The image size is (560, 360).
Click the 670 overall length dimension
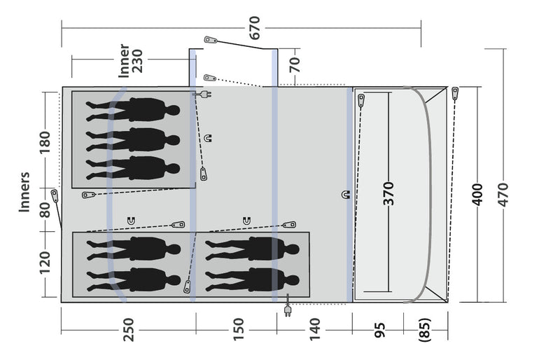[255, 28]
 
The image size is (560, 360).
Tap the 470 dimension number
[503, 195]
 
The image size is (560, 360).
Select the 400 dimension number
[477, 195]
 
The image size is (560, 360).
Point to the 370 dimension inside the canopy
[388, 193]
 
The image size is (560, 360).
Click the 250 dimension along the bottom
[128, 330]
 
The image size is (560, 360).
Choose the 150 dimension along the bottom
[238, 330]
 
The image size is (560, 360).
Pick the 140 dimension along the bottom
[314, 330]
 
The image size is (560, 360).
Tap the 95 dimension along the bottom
[380, 330]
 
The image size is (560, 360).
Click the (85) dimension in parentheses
[425, 330]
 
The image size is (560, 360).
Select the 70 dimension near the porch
[295, 64]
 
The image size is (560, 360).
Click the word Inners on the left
[24, 192]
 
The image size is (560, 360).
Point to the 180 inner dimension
[45, 143]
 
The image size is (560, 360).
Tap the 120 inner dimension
[45, 263]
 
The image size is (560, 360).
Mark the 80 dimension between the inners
[45, 210]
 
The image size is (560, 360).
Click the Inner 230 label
[130, 61]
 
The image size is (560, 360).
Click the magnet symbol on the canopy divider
[346, 195]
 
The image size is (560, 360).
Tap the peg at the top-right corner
[455, 93]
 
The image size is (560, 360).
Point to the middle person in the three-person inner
[133, 140]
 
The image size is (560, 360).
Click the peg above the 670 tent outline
[211, 40]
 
